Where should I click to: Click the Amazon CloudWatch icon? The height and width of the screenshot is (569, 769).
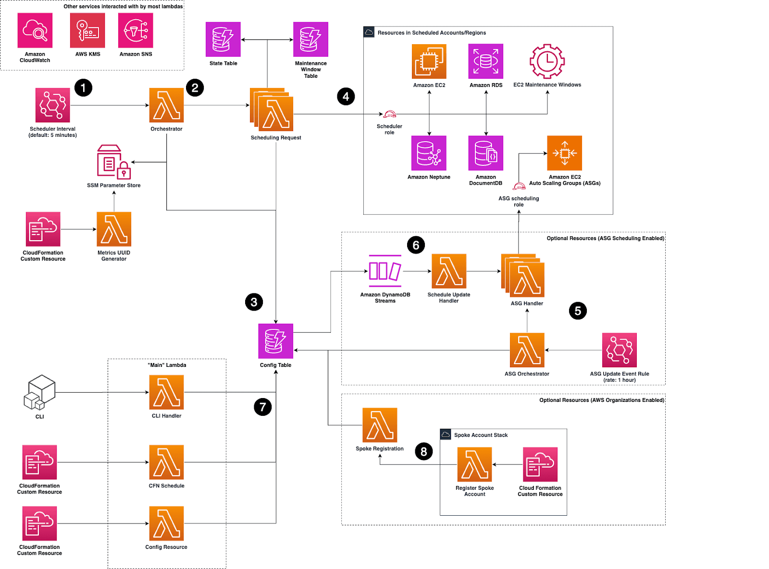pyautogui.click(x=35, y=30)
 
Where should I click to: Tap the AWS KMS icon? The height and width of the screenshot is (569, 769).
pyautogui.click(x=87, y=30)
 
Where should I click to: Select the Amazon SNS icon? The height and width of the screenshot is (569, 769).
pyautogui.click(x=136, y=30)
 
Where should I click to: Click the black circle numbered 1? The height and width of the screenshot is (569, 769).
pyautogui.click(x=83, y=88)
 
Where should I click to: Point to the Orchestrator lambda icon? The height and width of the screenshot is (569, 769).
pyautogui.click(x=166, y=105)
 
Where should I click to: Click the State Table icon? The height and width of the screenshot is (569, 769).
pyautogui.click(x=223, y=39)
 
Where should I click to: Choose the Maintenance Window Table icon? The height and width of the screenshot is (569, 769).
pyautogui.click(x=310, y=39)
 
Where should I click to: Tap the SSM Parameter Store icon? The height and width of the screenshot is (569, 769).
pyautogui.click(x=114, y=162)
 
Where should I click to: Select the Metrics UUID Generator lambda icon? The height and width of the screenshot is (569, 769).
pyautogui.click(x=114, y=229)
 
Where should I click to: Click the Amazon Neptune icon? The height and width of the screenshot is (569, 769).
pyautogui.click(x=429, y=153)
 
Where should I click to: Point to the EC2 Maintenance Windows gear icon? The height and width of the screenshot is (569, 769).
pyautogui.click(x=547, y=61)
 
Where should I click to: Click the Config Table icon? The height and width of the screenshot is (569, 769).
pyautogui.click(x=275, y=341)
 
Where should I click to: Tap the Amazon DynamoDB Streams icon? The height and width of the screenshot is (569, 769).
pyautogui.click(x=385, y=271)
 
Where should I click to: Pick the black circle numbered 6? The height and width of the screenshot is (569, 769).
pyautogui.click(x=416, y=245)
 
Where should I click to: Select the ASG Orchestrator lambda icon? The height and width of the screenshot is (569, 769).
pyautogui.click(x=527, y=350)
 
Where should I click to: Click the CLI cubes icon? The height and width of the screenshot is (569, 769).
pyautogui.click(x=39, y=392)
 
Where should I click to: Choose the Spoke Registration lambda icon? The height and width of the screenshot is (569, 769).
pyautogui.click(x=380, y=425)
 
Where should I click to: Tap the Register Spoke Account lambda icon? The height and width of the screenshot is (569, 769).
pyautogui.click(x=475, y=464)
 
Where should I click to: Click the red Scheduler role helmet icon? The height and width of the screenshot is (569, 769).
pyautogui.click(x=389, y=114)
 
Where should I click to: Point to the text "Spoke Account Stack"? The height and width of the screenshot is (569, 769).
pyautogui.click(x=481, y=435)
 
